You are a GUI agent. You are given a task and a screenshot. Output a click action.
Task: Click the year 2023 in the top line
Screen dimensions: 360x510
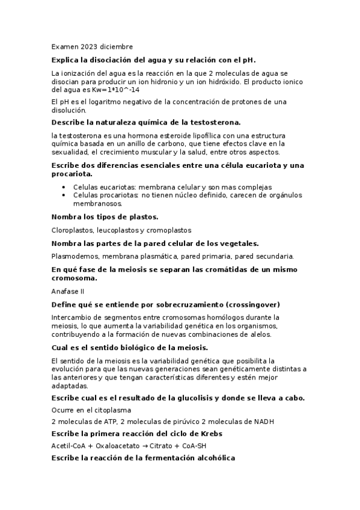[88, 46]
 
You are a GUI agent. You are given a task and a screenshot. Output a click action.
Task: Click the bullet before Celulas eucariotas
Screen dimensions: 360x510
[64, 187]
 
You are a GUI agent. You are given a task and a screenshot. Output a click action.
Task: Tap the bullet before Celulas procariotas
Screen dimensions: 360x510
[64, 195]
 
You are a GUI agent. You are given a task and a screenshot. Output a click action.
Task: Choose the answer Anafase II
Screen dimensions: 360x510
[68, 290]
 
